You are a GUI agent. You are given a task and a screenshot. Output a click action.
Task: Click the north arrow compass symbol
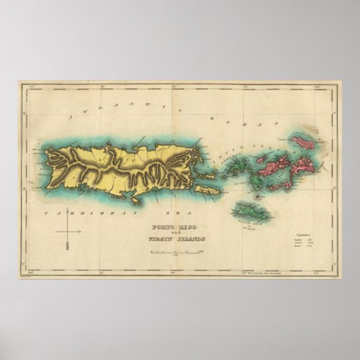[68, 238]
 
